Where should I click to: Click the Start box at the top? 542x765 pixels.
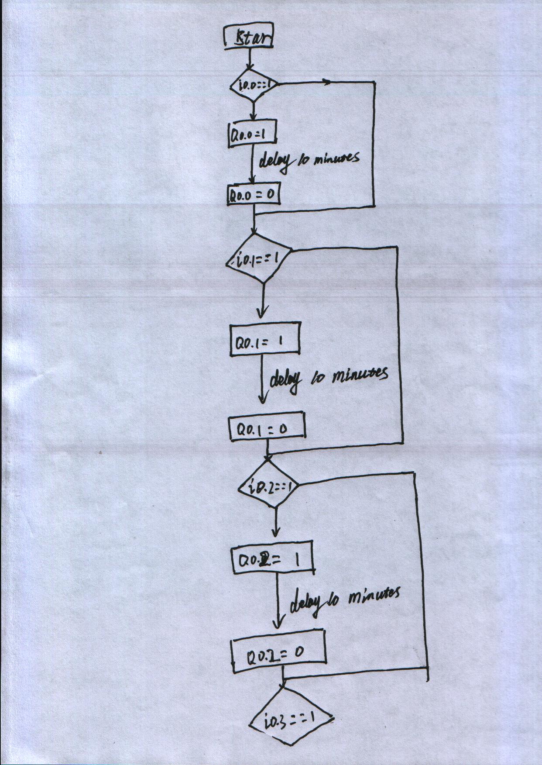click(248, 38)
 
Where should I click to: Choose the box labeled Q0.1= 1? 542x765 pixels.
click(265, 339)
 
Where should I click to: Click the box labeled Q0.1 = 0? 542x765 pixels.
click(267, 429)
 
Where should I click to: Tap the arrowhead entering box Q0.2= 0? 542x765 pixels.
click(279, 621)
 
